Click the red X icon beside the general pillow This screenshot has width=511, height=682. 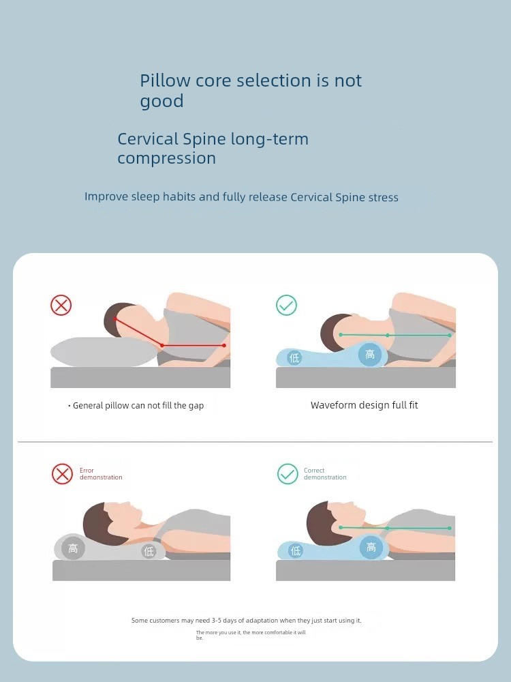tap(61, 305)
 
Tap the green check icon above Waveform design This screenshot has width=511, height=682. tap(286, 305)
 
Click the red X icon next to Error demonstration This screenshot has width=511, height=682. tap(62, 474)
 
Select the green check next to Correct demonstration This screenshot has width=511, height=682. tap(288, 474)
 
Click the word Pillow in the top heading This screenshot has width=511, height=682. tap(165, 81)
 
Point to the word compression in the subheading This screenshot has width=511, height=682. tap(166, 158)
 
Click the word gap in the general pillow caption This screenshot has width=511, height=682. tap(196, 406)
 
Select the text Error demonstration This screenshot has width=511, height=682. tap(101, 474)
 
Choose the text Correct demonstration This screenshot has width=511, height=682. tap(325, 474)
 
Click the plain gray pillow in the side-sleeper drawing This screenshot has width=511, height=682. tap(104, 351)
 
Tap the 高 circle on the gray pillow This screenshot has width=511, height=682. tap(73, 548)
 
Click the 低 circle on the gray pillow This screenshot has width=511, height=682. tap(149, 552)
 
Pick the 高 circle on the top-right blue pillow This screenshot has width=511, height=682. tap(370, 355)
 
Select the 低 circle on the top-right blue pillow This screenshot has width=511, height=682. tap(294, 358)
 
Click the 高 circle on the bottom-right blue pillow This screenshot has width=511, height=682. tap(371, 547)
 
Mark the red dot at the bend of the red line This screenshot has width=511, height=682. tap(162, 345)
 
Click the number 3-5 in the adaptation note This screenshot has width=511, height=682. tap(217, 621)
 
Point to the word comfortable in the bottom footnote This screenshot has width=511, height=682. tap(279, 632)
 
